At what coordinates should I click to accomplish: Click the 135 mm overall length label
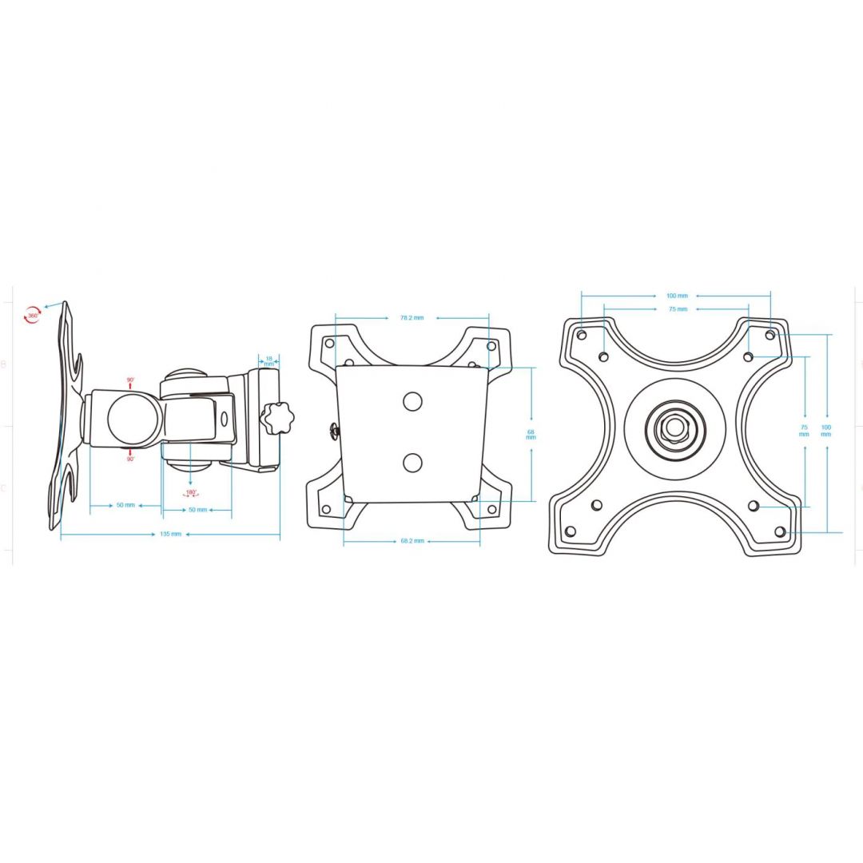(170, 534)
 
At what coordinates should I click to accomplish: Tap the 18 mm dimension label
(269, 361)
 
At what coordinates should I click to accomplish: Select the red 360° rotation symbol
(33, 315)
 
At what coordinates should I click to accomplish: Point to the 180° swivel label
(191, 493)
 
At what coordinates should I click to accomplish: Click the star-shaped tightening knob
(276, 418)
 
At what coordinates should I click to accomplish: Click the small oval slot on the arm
(224, 419)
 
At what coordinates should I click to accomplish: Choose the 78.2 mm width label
(412, 318)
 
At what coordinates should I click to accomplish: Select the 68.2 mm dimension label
(412, 542)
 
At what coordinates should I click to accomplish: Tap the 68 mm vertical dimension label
(531, 435)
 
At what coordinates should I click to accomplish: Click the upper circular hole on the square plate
(412, 401)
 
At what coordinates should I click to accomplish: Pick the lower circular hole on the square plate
(412, 462)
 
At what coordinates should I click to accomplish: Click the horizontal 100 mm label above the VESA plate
(677, 296)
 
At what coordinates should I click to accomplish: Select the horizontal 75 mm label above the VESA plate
(677, 308)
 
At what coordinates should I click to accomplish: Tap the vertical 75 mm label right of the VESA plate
(804, 431)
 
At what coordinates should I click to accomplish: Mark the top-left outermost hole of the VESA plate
(581, 334)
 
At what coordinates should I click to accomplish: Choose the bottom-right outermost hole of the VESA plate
(779, 531)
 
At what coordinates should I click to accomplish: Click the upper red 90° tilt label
(130, 380)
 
